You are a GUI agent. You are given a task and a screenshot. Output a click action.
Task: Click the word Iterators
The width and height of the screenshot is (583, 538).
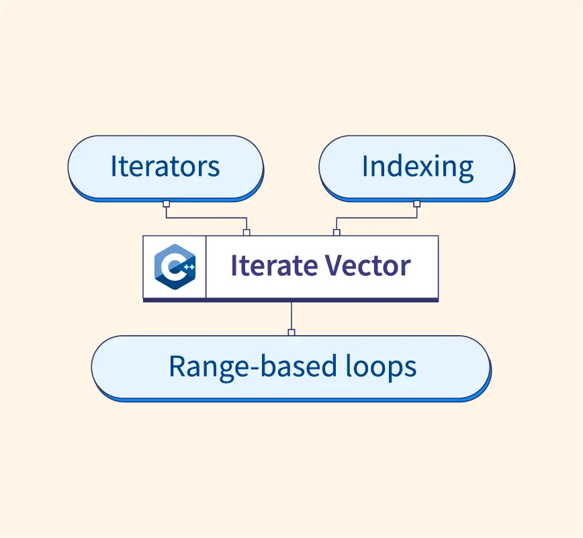(x=165, y=166)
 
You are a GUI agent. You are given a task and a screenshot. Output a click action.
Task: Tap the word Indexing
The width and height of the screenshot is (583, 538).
(x=417, y=166)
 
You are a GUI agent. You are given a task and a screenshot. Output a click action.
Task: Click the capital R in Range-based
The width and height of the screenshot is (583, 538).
(x=177, y=367)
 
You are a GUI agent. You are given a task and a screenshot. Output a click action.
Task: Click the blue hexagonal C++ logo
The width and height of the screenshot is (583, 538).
(x=174, y=267)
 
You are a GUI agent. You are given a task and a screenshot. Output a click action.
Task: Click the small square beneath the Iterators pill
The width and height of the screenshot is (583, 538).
(x=166, y=203)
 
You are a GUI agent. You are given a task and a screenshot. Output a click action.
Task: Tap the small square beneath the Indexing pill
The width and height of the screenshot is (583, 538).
(x=416, y=203)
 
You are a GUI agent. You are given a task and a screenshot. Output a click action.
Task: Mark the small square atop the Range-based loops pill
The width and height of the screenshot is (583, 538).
(x=291, y=332)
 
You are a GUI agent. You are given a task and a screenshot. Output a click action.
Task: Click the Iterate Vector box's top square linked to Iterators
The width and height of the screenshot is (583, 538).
(x=246, y=232)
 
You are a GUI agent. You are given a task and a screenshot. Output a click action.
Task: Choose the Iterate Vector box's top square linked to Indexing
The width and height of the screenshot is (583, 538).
(x=337, y=232)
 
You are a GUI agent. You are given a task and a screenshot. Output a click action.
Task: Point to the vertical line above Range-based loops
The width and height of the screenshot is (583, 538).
(x=291, y=316)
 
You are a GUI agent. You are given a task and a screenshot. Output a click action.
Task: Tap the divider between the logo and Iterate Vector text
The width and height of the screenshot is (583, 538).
(x=206, y=267)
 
